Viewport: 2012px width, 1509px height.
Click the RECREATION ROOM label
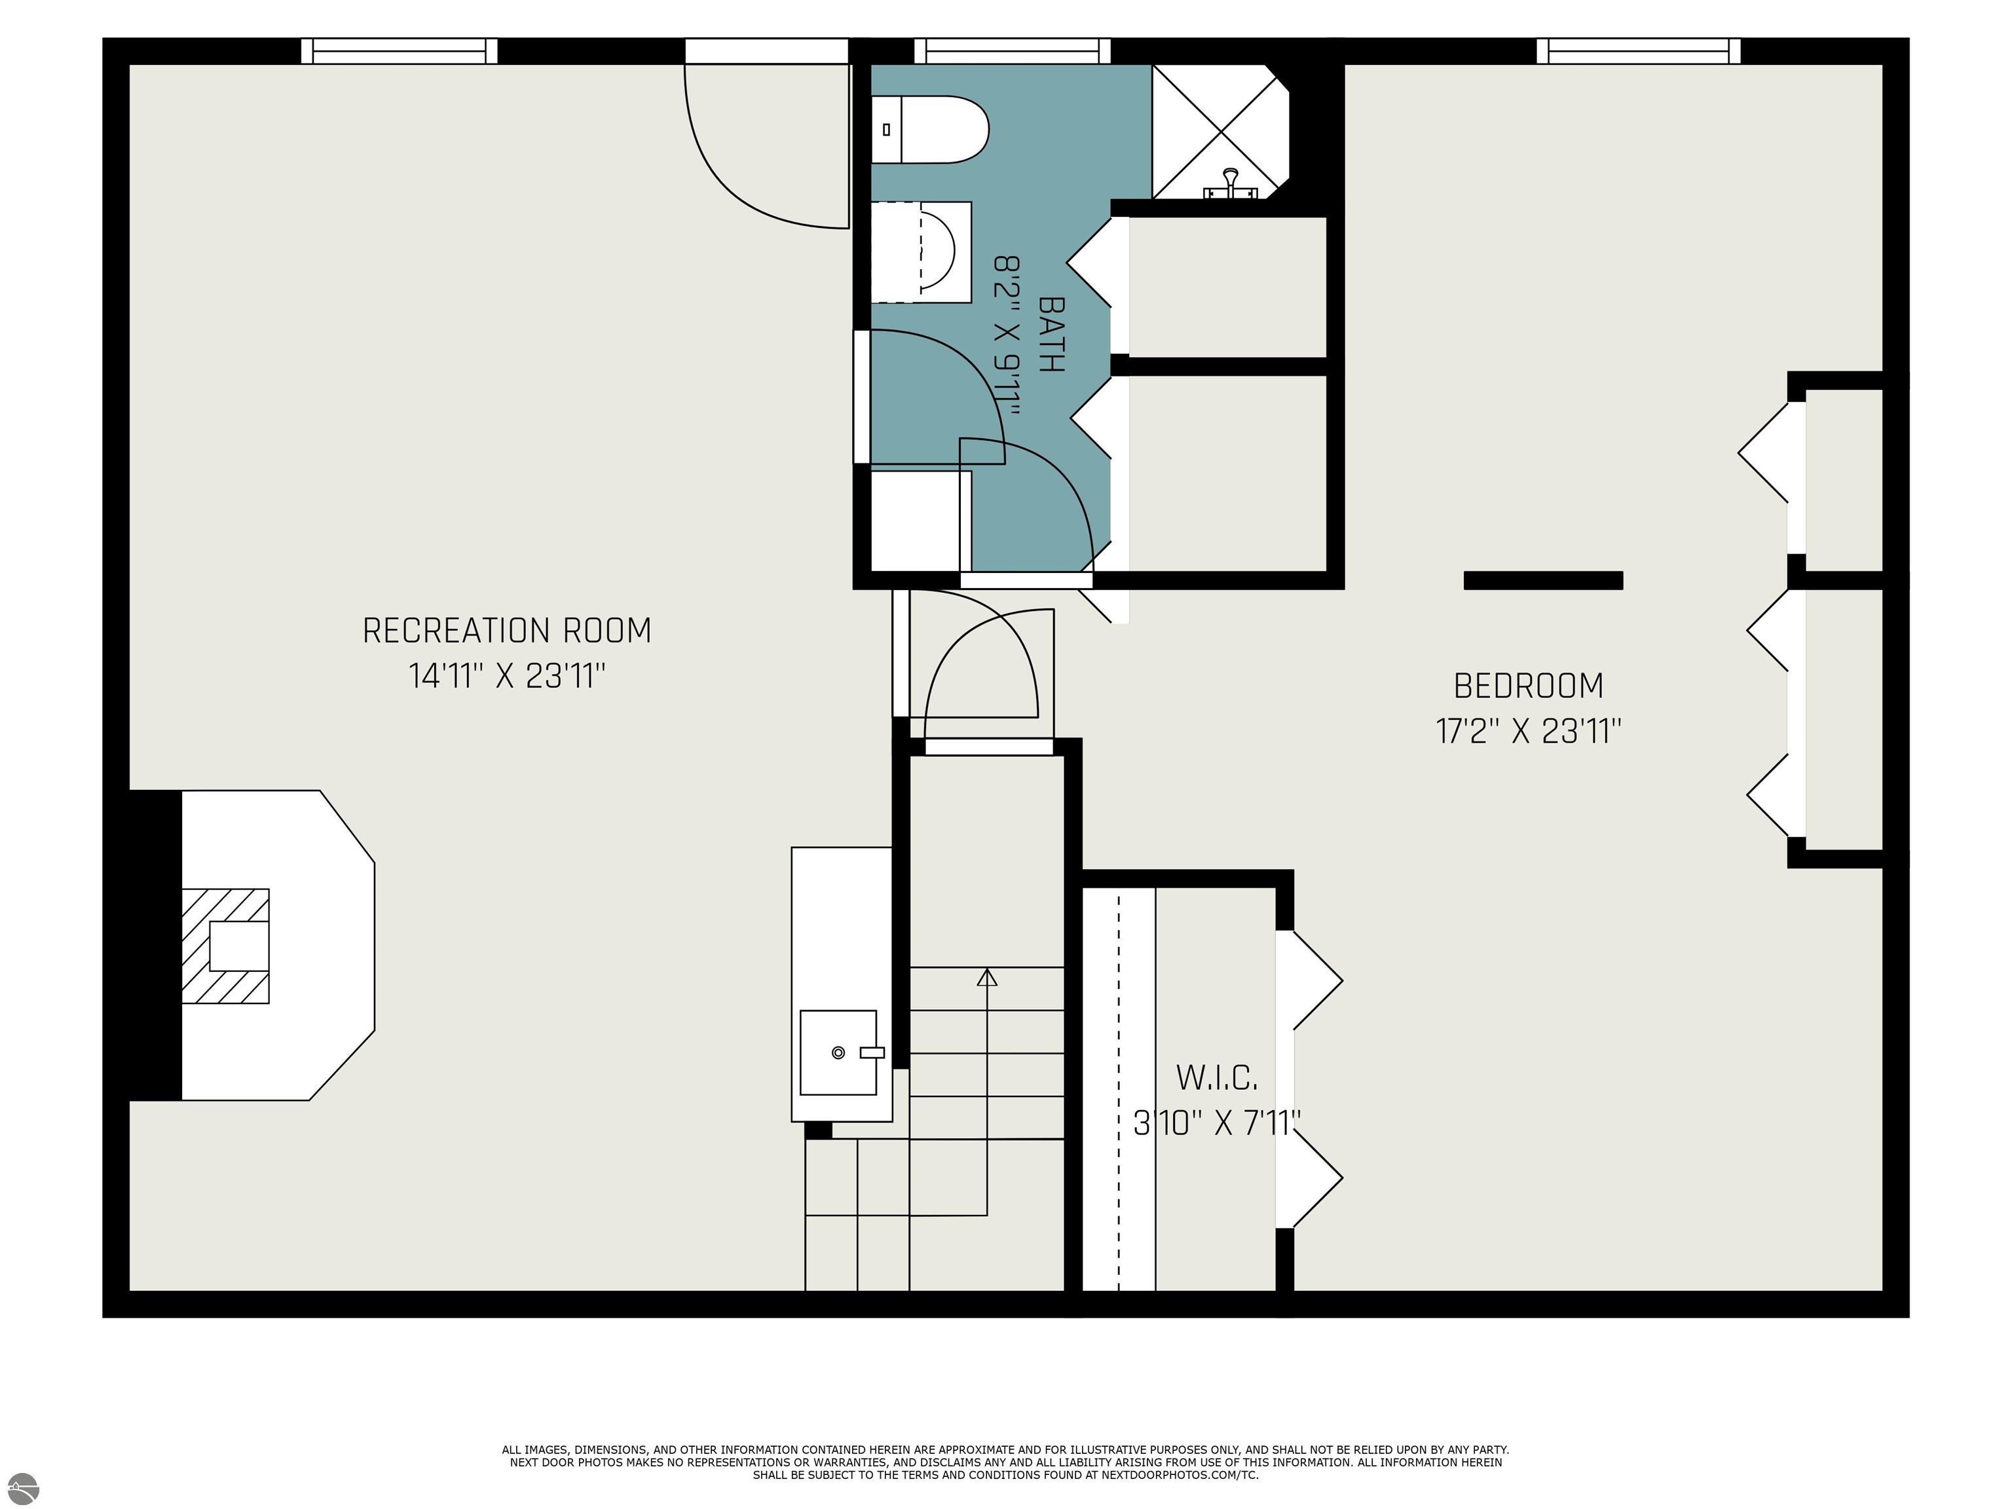(x=507, y=630)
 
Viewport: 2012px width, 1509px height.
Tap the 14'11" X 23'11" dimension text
(x=507, y=676)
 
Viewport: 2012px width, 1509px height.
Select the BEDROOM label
(x=1528, y=686)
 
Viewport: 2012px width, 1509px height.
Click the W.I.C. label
(x=1217, y=1078)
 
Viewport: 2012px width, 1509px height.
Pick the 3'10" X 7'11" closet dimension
(x=1217, y=1123)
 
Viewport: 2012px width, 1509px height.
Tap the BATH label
(x=1051, y=334)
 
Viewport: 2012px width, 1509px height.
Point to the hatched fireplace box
(x=225, y=946)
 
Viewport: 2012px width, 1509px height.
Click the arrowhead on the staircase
(x=987, y=977)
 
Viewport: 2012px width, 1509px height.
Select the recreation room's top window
(x=400, y=51)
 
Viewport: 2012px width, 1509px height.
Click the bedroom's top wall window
(x=1638, y=51)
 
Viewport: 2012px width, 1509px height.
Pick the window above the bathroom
(x=1013, y=51)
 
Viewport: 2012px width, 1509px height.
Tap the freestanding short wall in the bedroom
(x=1544, y=580)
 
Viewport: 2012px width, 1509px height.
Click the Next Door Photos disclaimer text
(x=1006, y=1462)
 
